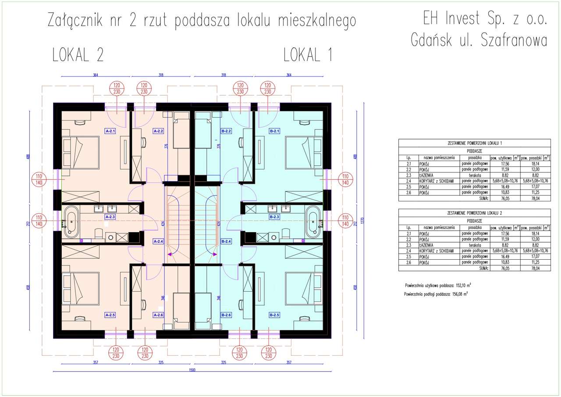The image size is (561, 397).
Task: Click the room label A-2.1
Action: (110, 131)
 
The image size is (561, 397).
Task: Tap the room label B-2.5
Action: (275, 315)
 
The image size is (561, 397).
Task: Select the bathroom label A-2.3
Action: (110, 217)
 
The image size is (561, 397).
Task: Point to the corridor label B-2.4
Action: (227, 241)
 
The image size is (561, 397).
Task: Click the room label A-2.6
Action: (158, 315)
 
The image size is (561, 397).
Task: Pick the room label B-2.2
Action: (227, 131)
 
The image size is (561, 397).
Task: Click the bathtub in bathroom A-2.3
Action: (71, 222)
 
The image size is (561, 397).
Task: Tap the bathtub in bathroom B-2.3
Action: (314, 222)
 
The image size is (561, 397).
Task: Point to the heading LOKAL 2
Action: (78, 56)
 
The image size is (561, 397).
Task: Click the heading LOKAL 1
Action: (308, 56)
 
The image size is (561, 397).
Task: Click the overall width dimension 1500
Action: (192, 370)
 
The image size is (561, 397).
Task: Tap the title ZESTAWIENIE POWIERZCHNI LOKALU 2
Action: (474, 212)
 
